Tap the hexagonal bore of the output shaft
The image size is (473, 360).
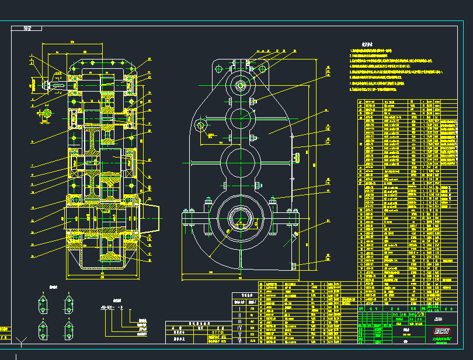[240, 221]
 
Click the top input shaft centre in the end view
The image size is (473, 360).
[241, 86]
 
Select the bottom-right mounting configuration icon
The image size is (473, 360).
[68, 328]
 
